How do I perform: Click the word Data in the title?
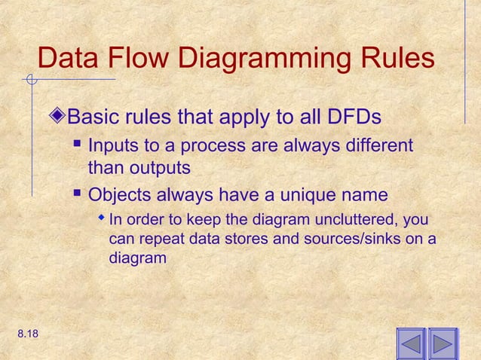69,59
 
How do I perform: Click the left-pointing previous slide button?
411,343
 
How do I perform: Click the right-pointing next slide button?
443,343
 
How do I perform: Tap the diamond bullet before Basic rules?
60,118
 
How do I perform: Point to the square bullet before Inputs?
77,144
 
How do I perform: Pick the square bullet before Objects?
77,196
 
